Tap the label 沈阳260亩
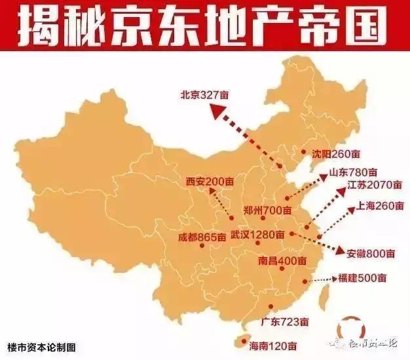point(335,154)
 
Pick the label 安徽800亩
point(371,253)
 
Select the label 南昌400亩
point(282,260)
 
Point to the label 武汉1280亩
point(257,234)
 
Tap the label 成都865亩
point(201,237)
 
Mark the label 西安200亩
point(210,180)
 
